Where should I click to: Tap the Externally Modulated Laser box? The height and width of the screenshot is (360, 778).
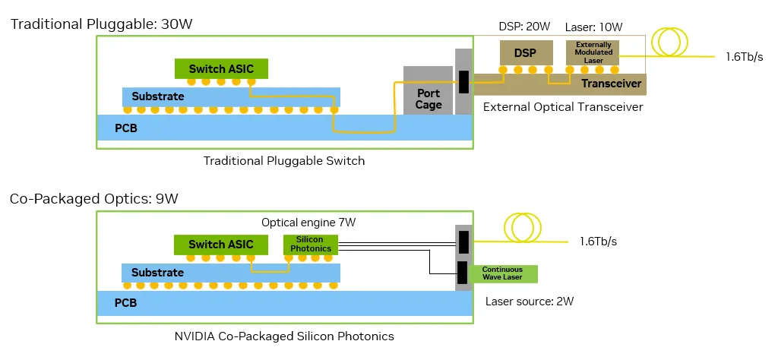(x=593, y=52)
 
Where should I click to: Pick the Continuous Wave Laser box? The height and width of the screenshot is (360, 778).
(x=503, y=273)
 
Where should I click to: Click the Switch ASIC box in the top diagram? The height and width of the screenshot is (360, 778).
(x=222, y=68)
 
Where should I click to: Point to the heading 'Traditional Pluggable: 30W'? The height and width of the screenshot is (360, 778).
(x=101, y=24)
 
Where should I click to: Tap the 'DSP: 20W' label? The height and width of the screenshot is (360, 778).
(x=525, y=27)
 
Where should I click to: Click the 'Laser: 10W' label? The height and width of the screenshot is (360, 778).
(x=594, y=27)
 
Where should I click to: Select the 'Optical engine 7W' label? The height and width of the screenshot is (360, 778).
(x=308, y=223)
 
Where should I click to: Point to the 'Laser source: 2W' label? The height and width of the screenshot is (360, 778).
(x=530, y=301)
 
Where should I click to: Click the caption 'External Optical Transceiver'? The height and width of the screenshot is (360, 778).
(x=563, y=107)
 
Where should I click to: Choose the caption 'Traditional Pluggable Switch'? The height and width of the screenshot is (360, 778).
(x=284, y=160)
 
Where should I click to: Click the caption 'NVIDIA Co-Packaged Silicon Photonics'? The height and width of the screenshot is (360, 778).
(x=283, y=336)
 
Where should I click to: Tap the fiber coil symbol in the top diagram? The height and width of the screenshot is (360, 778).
(x=672, y=43)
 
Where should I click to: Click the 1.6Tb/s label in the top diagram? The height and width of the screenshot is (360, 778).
(x=745, y=57)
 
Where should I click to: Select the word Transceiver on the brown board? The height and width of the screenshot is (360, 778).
(x=612, y=84)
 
